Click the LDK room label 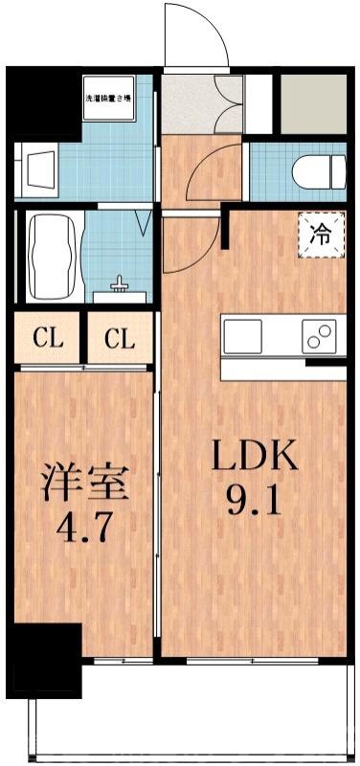tap(255, 458)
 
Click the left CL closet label tap(49, 338)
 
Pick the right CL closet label tap(119, 338)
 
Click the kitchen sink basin tap(242, 336)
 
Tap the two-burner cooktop tap(321, 336)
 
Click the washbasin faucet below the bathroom tap(121, 284)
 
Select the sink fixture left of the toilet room tap(40, 169)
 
